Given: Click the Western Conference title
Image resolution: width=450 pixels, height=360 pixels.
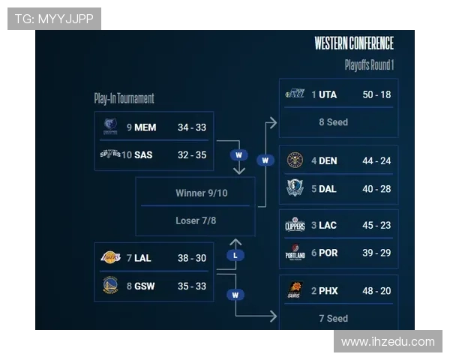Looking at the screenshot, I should [354, 43].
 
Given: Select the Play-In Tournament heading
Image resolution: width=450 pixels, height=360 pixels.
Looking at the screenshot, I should [124, 98].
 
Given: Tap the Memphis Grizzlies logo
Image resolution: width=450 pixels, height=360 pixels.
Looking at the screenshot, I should [110, 127].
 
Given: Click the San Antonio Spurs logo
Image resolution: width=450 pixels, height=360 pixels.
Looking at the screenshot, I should [110, 154].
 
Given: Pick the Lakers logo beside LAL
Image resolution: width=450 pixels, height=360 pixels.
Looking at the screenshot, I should [110, 258].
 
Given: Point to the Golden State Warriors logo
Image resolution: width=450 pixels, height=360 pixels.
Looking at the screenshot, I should [110, 285].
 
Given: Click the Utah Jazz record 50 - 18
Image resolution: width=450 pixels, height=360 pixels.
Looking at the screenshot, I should [376, 94].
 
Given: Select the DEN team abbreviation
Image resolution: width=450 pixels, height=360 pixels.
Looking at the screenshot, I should [328, 160].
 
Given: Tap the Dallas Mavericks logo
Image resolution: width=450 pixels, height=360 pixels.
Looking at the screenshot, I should [295, 188].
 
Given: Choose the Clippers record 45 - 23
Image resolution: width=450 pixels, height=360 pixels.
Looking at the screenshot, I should [376, 225].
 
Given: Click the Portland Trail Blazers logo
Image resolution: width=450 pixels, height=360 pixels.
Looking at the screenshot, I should [295, 253].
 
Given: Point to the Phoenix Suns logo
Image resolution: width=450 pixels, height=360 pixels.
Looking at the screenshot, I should [295, 290].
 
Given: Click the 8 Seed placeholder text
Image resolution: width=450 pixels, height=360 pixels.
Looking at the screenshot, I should [333, 121].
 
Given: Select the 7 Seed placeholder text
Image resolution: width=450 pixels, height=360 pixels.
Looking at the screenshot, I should [333, 318].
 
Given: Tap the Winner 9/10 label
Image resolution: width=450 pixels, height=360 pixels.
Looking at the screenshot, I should [201, 193].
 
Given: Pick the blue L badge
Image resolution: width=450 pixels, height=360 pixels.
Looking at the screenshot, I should [235, 256].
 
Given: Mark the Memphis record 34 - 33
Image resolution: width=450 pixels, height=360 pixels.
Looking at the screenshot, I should [191, 127].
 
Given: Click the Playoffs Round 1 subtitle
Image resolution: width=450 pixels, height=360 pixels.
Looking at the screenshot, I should [369, 65].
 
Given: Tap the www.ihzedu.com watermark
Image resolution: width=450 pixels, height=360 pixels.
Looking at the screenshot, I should [388, 342].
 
